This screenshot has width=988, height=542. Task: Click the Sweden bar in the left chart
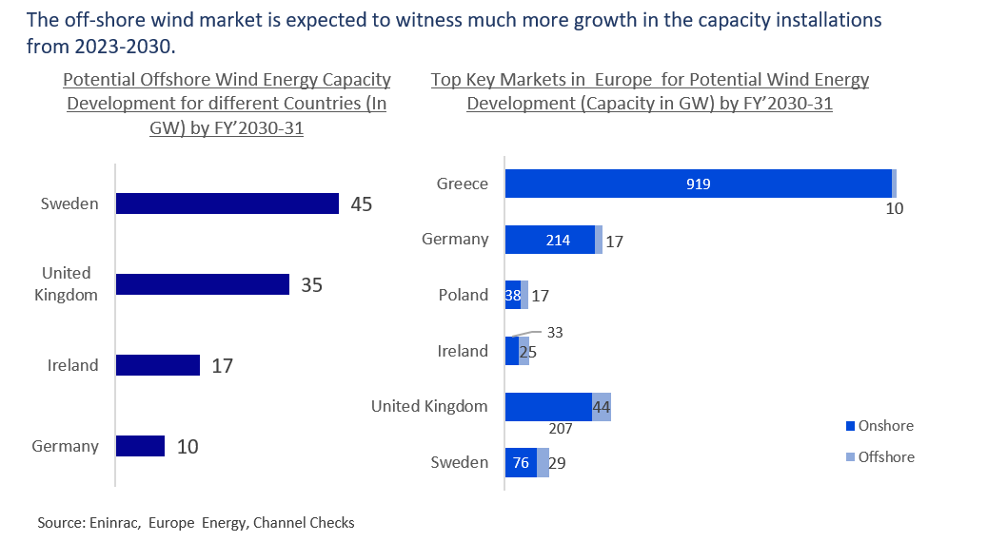coord(227,203)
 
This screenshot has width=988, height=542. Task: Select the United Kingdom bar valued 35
coord(202,284)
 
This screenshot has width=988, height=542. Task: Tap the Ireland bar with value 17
coord(157,365)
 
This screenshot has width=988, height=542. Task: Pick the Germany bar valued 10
coord(140,446)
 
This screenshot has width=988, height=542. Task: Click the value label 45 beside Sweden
coord(361,204)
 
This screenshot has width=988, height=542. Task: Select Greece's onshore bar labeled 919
coord(698,184)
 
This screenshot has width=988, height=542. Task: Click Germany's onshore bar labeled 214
coord(549,240)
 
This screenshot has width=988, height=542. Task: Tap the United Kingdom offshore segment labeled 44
coord(602,407)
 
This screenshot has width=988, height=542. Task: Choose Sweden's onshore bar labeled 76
coord(521,462)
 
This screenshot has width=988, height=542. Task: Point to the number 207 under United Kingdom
coord(561,429)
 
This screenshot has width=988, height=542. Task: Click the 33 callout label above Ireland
coord(556,333)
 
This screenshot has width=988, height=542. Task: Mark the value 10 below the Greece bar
coord(894,208)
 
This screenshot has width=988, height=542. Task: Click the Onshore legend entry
coord(884,426)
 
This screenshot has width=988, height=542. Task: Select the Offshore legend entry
coord(885,457)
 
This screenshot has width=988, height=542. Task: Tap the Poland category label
coord(464,295)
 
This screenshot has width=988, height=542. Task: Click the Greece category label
coord(462,184)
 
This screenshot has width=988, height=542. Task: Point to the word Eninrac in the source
coord(114,523)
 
